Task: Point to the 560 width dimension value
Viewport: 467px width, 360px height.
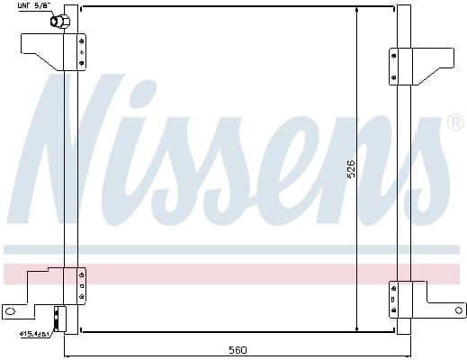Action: tap(236, 350)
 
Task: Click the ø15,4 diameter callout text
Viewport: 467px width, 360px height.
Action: tap(34, 334)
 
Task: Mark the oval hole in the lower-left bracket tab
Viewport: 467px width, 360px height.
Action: tap(12, 312)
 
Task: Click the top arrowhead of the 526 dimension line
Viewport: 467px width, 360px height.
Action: tap(359, 12)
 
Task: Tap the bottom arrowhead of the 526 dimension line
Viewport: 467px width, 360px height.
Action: tap(359, 329)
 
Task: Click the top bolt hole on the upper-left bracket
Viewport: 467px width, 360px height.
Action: tap(82, 40)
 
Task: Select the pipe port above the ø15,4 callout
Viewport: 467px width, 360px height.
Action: tap(59, 317)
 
